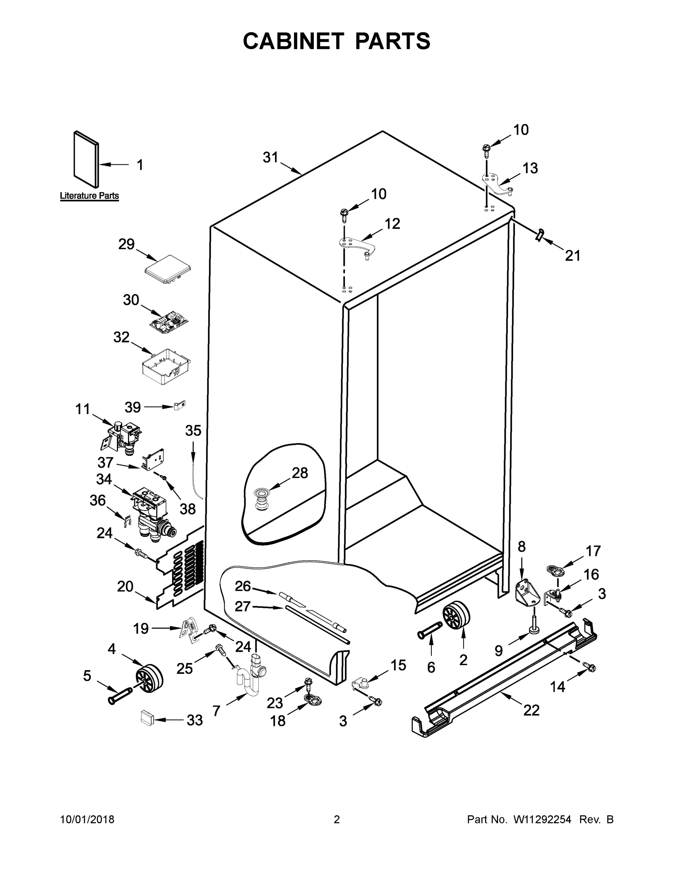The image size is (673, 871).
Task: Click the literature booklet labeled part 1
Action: click(85, 160)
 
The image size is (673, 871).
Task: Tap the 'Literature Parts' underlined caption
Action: click(89, 196)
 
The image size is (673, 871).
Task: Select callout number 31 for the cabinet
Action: click(270, 158)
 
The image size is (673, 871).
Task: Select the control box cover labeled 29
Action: click(167, 271)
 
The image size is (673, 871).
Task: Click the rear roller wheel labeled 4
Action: click(149, 678)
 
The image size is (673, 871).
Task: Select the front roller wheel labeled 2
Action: click(456, 616)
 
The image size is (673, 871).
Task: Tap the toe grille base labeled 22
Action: click(502, 678)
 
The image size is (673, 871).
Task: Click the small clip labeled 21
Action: click(539, 235)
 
